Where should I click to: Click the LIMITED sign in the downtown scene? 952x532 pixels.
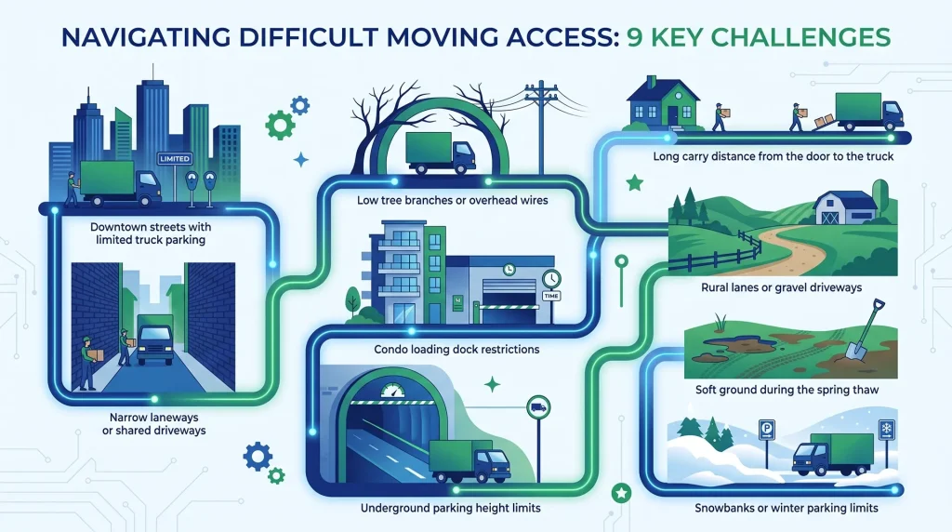(174, 158)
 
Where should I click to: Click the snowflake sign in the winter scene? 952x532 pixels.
(886, 430)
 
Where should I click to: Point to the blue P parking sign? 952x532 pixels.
(767, 431)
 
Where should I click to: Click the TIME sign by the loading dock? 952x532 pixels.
(551, 296)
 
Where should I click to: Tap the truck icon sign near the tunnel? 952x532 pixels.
(538, 407)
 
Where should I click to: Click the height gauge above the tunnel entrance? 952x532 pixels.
(393, 391)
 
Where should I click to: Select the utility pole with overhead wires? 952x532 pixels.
(541, 126)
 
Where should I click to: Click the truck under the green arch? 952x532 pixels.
(440, 153)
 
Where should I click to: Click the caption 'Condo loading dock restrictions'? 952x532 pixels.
(456, 349)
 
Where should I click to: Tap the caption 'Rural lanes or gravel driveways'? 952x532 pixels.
(781, 287)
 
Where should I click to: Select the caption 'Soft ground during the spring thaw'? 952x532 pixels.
(787, 390)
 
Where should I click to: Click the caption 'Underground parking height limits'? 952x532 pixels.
(451, 508)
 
